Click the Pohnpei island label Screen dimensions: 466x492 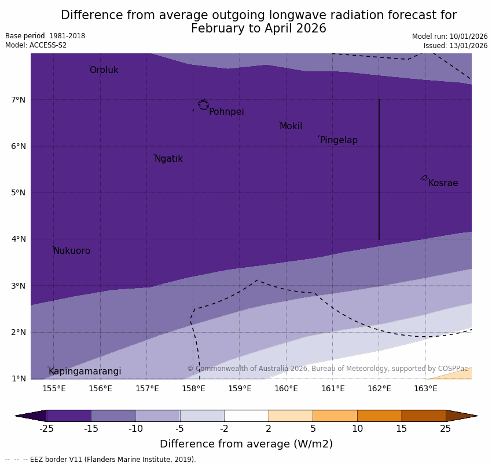226,112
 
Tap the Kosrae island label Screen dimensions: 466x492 443,183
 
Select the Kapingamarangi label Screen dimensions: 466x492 85,372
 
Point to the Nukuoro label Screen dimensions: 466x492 72,251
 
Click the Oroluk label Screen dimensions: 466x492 104,70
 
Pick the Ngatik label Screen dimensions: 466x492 168,159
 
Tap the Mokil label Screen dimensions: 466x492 291,126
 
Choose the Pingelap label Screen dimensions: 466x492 339,140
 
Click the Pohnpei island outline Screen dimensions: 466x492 203,105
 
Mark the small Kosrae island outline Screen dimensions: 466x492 424,178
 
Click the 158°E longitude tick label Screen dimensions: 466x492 193,388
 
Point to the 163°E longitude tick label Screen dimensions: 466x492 425,388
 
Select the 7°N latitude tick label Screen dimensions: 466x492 19,100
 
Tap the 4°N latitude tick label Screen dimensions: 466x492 19,239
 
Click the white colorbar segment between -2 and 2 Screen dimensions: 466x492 246,416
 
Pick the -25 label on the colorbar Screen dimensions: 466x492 46,429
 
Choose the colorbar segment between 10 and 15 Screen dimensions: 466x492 379,416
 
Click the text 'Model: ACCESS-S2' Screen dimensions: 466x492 36,45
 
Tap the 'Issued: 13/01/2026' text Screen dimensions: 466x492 456,45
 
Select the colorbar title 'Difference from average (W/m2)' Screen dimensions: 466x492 246,445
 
